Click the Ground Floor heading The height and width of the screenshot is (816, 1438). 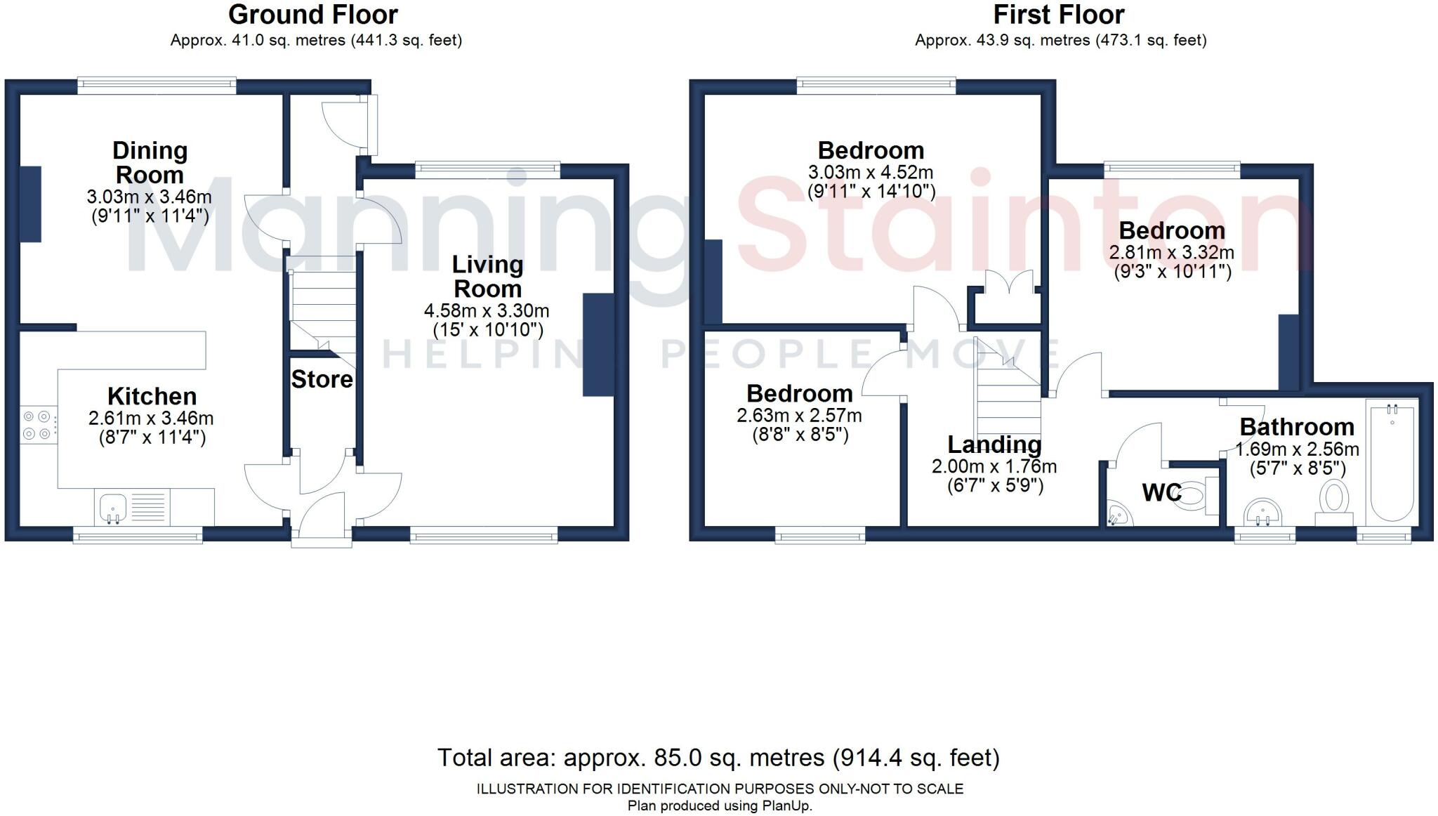[312, 14]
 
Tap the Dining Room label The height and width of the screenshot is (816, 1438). [150, 162]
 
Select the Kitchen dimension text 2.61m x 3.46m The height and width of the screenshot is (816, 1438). [151, 419]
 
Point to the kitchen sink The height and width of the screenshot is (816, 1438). [112, 507]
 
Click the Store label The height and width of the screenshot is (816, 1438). [322, 379]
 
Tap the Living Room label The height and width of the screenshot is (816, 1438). [487, 277]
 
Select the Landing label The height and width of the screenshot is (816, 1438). [994, 445]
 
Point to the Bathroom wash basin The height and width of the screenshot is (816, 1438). [1262, 512]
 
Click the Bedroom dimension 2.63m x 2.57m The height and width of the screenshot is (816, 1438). [799, 416]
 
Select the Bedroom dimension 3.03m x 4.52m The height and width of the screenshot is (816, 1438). [870, 172]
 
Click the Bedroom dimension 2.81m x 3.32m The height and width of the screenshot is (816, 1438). [1171, 252]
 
